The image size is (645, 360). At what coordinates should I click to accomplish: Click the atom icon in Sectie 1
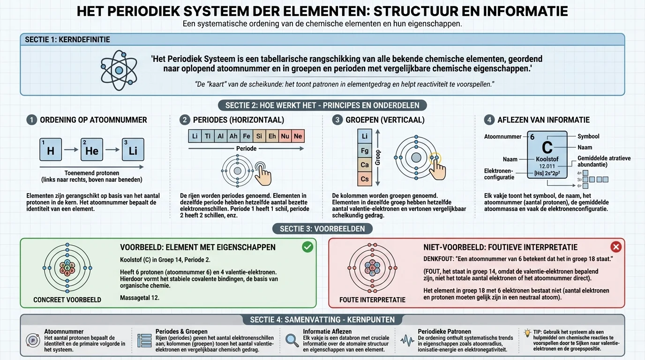pos(119,70)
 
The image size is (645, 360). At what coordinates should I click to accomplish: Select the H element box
pos(51,150)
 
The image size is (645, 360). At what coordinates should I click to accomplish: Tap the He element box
pos(92,150)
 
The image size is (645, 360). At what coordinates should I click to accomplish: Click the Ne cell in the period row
pos(298,136)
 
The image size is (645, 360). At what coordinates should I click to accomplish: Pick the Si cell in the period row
pos(259,136)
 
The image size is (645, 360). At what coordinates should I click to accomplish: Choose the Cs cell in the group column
pos(365,179)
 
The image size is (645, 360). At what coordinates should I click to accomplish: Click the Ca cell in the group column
pos(365,165)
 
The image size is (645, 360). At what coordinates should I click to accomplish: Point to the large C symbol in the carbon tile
pos(547,147)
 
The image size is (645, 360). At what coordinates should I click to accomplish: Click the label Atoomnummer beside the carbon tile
pos(502,137)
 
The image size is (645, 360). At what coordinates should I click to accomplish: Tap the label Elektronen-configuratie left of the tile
pos(499,174)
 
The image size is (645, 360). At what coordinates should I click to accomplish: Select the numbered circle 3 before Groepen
pos(337,120)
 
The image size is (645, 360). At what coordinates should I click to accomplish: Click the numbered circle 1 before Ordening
pos(31,120)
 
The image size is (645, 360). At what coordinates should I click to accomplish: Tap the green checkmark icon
pos(307,247)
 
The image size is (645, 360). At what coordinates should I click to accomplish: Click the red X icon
pos(616,247)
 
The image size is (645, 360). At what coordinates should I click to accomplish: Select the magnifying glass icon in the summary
pos(292,340)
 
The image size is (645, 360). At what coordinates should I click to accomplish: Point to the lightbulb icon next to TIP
pos(527,331)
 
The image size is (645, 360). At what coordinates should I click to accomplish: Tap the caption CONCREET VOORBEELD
pos(67,300)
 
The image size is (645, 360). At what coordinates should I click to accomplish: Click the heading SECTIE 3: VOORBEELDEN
pos(322,229)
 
